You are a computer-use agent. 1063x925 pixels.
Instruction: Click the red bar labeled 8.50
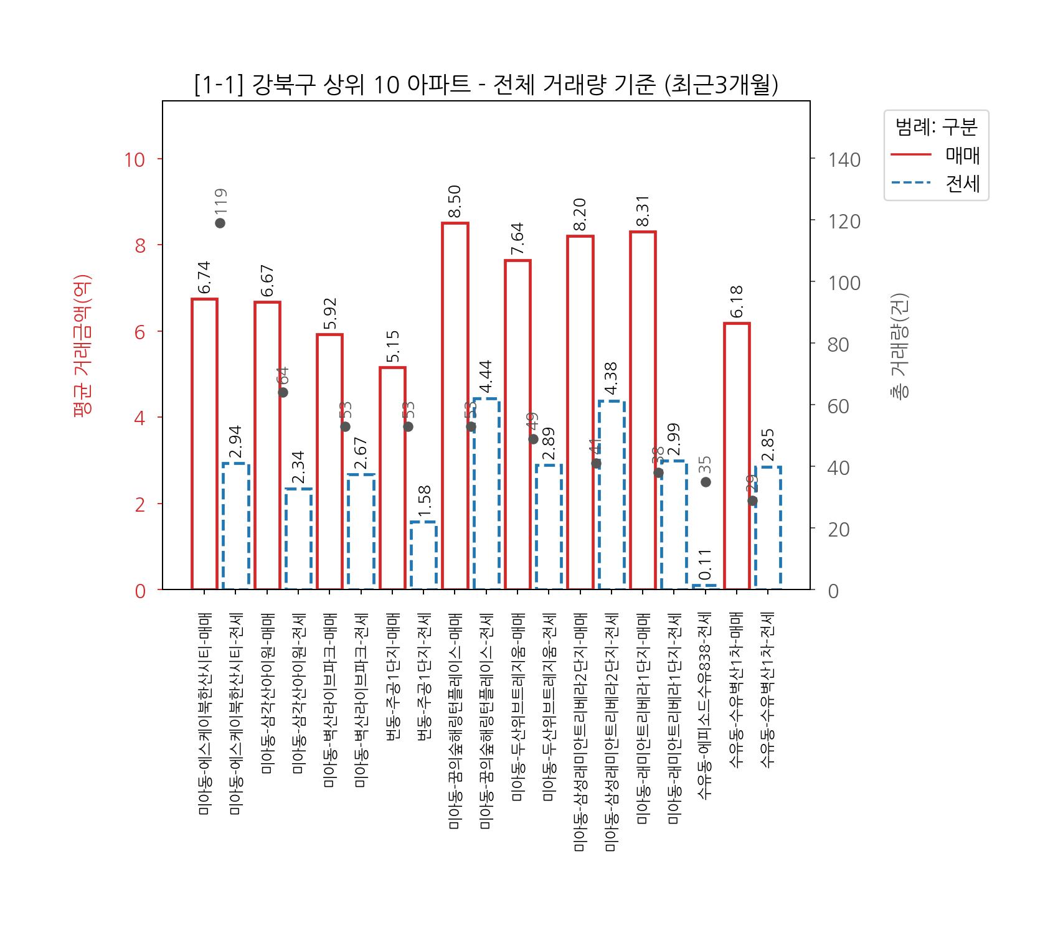pyautogui.click(x=455, y=405)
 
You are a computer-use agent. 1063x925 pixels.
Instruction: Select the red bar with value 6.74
pyautogui.click(x=204, y=443)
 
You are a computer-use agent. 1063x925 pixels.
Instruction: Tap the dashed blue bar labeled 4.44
pyautogui.click(x=486, y=493)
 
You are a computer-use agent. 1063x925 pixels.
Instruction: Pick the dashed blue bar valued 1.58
pyautogui.click(x=423, y=555)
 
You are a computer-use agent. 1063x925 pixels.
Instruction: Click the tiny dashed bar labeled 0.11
pyautogui.click(x=705, y=586)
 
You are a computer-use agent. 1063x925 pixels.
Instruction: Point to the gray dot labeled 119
pyautogui.click(x=220, y=223)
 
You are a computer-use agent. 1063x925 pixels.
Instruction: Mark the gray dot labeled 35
pyautogui.click(x=706, y=482)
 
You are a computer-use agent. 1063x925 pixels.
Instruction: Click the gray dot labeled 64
pyautogui.click(x=283, y=392)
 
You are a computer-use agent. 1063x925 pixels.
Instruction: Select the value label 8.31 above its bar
pyautogui.click(x=643, y=212)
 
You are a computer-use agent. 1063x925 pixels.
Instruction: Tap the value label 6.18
pyautogui.click(x=737, y=302)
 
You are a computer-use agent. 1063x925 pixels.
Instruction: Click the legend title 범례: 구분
pyautogui.click(x=936, y=127)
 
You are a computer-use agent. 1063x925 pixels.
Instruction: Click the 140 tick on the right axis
pyautogui.click(x=844, y=159)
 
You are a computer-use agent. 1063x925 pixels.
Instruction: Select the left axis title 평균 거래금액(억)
pyautogui.click(x=83, y=344)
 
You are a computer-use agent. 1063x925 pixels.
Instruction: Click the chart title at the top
pyautogui.click(x=486, y=85)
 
